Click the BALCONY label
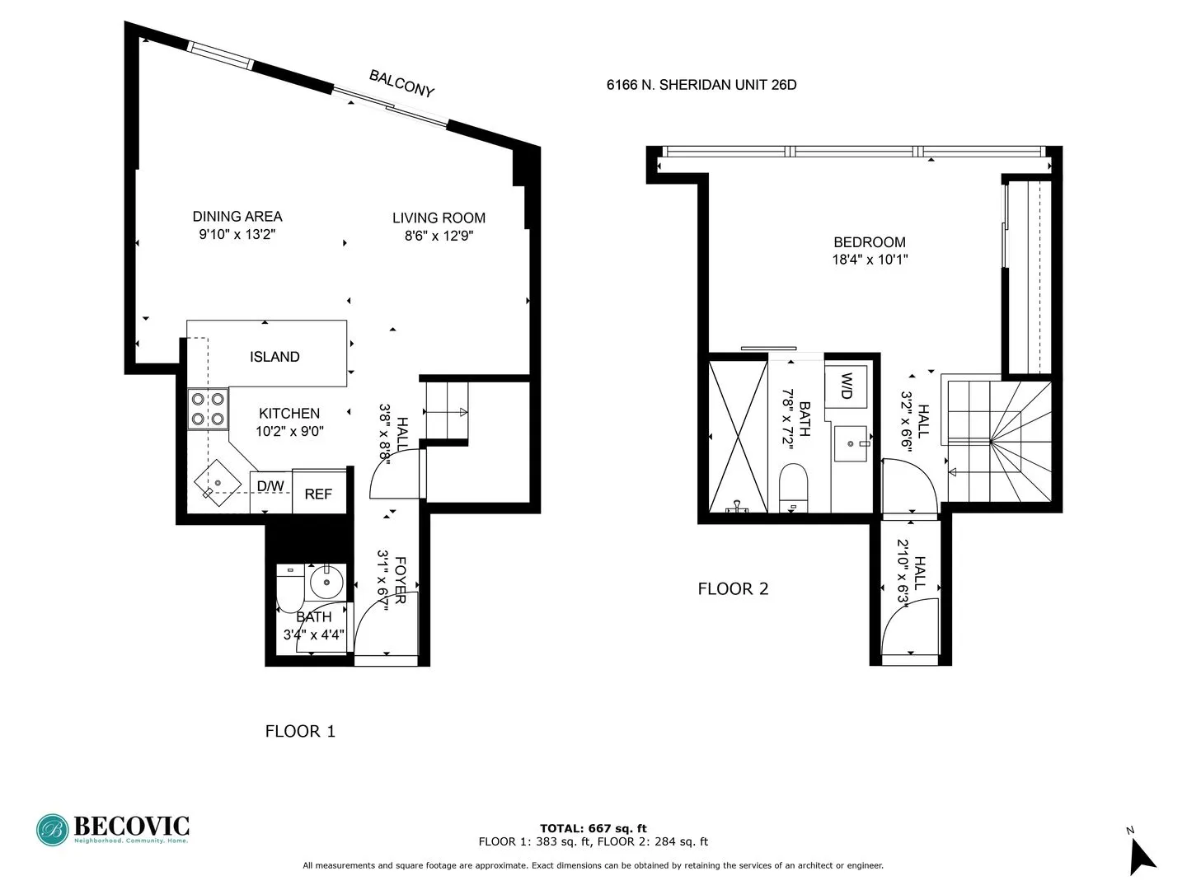coord(401,83)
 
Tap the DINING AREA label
coord(237,217)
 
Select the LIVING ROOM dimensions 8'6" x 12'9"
coord(439,236)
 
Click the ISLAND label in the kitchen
coord(274,357)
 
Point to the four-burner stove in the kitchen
coord(208,409)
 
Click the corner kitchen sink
coord(217,483)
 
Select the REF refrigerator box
coord(318,494)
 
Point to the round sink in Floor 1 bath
coord(327,583)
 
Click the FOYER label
coord(401,580)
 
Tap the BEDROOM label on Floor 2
coord(870,242)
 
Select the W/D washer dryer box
coord(846,386)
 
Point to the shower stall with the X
coord(738,436)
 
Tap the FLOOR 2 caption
coord(733,588)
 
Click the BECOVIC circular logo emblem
coord(52,830)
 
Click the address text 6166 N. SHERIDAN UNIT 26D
coord(701,85)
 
